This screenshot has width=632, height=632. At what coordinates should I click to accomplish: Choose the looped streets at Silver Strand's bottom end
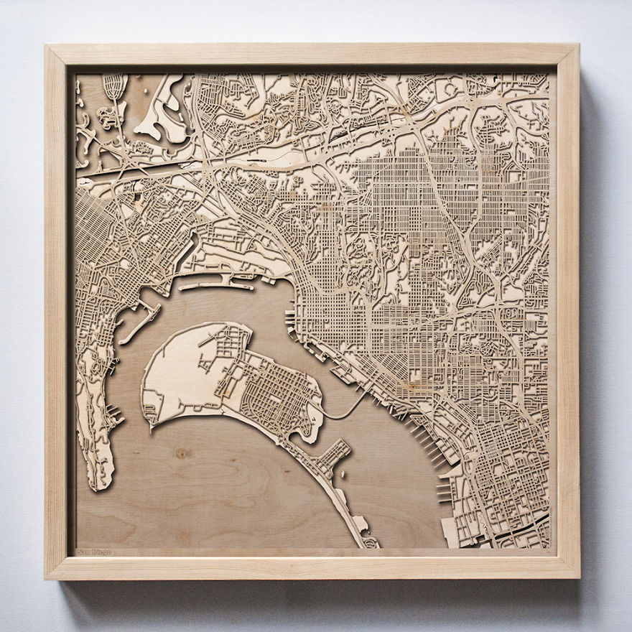(371, 543)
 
